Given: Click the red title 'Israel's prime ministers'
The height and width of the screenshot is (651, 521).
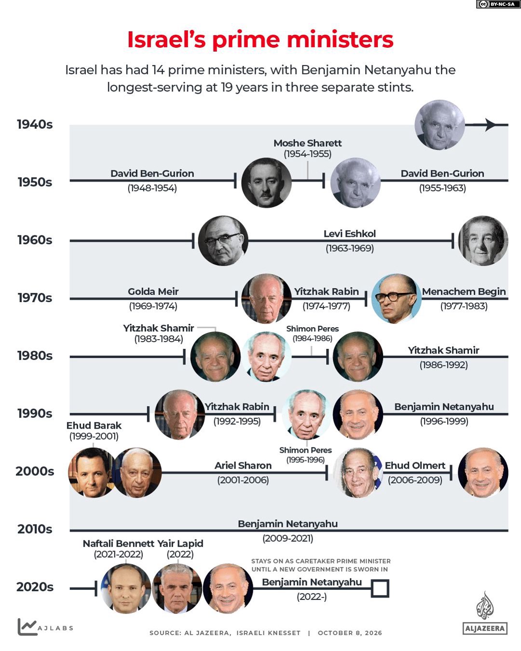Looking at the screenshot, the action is point(260,40).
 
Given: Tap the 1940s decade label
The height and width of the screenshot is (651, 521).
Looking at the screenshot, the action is point(35,125).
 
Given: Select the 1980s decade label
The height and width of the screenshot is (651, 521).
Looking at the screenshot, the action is point(35,356).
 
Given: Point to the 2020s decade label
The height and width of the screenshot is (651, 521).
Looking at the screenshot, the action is point(35,587).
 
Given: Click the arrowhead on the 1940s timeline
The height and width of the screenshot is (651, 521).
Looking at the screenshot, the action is point(491,125).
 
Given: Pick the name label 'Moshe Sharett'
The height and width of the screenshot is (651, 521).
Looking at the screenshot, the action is point(307,143).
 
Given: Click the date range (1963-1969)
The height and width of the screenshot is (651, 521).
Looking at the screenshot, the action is point(350,249).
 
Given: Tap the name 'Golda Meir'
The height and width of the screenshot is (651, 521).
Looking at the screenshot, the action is point(153,291).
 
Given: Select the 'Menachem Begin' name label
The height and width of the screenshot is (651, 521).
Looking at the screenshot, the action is point(464,291).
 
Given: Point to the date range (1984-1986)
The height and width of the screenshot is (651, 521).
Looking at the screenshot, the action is point(312,338).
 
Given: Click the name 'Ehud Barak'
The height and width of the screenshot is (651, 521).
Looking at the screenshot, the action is point(94,426).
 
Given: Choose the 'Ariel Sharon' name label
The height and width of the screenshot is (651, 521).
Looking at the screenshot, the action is point(243,466).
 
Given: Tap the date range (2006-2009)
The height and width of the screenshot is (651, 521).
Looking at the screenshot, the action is point(415,480).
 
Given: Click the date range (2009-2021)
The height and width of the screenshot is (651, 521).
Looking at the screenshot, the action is point(288,539).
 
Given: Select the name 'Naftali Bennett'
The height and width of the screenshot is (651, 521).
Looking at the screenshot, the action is point(119,543).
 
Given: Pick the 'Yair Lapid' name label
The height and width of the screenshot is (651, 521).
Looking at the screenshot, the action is point(180,543).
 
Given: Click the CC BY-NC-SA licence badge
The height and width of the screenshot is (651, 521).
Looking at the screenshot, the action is point(498,4).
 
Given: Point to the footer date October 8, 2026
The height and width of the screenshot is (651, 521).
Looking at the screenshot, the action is point(350,633).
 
